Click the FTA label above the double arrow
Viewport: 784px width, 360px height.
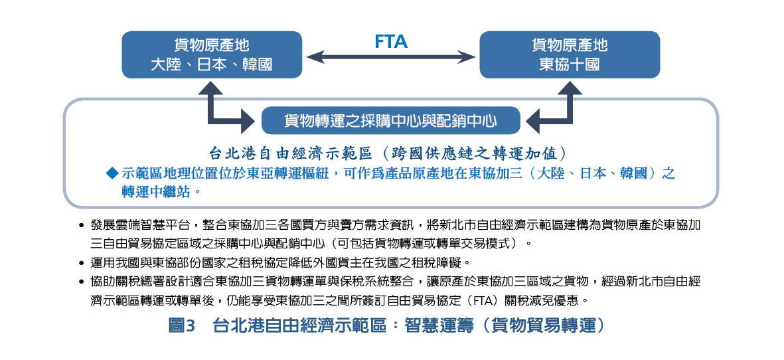(x=391, y=42)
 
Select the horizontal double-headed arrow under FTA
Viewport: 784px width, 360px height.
(x=391, y=58)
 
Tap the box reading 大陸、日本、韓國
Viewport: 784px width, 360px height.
(x=212, y=54)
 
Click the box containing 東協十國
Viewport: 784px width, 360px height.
(x=569, y=54)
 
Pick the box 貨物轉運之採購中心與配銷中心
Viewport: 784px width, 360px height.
(x=390, y=121)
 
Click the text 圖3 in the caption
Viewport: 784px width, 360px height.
(x=181, y=326)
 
